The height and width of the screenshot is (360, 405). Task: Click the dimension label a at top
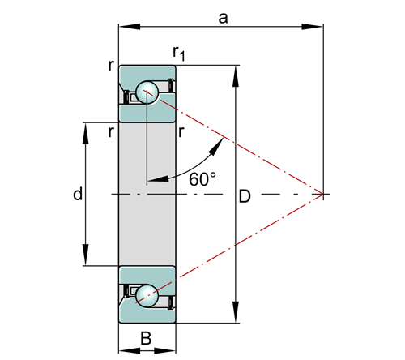[x=223, y=19]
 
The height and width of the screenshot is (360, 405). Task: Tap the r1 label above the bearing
[x=179, y=53]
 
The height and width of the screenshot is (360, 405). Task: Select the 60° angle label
[x=202, y=179]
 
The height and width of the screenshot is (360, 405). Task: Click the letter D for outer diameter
[x=245, y=196]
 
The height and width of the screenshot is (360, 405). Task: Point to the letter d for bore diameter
[x=78, y=194]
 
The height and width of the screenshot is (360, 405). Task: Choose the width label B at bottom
[x=146, y=338]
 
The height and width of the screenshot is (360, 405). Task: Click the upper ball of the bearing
[x=147, y=92]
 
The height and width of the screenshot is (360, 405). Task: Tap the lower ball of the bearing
[x=147, y=296]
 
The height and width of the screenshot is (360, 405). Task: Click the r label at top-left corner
[x=111, y=66]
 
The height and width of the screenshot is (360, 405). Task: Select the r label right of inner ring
[x=181, y=132]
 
